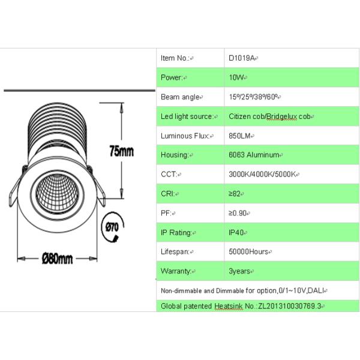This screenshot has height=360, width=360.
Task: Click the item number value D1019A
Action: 242,58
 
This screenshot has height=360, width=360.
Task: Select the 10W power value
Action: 236,77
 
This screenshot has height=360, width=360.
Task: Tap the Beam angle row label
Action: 180,97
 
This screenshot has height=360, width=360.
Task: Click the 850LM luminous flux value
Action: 239,136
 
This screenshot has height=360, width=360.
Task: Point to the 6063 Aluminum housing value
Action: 254,155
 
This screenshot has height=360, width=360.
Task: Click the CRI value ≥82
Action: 235,194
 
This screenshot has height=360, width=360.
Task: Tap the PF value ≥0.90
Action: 238,213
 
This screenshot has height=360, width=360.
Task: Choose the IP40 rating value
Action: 236,233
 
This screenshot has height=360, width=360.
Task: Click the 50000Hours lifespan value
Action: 248,252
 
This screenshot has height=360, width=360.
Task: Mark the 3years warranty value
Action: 239,271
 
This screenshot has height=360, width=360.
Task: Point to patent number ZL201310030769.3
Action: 290,306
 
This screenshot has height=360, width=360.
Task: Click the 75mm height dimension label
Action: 121,151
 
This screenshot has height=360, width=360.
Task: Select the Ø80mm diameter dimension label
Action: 58,259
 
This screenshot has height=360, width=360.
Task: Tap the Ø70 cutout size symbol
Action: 112,227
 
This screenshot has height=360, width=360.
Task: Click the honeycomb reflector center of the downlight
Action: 57,193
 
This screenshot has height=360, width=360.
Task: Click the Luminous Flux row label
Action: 185,136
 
